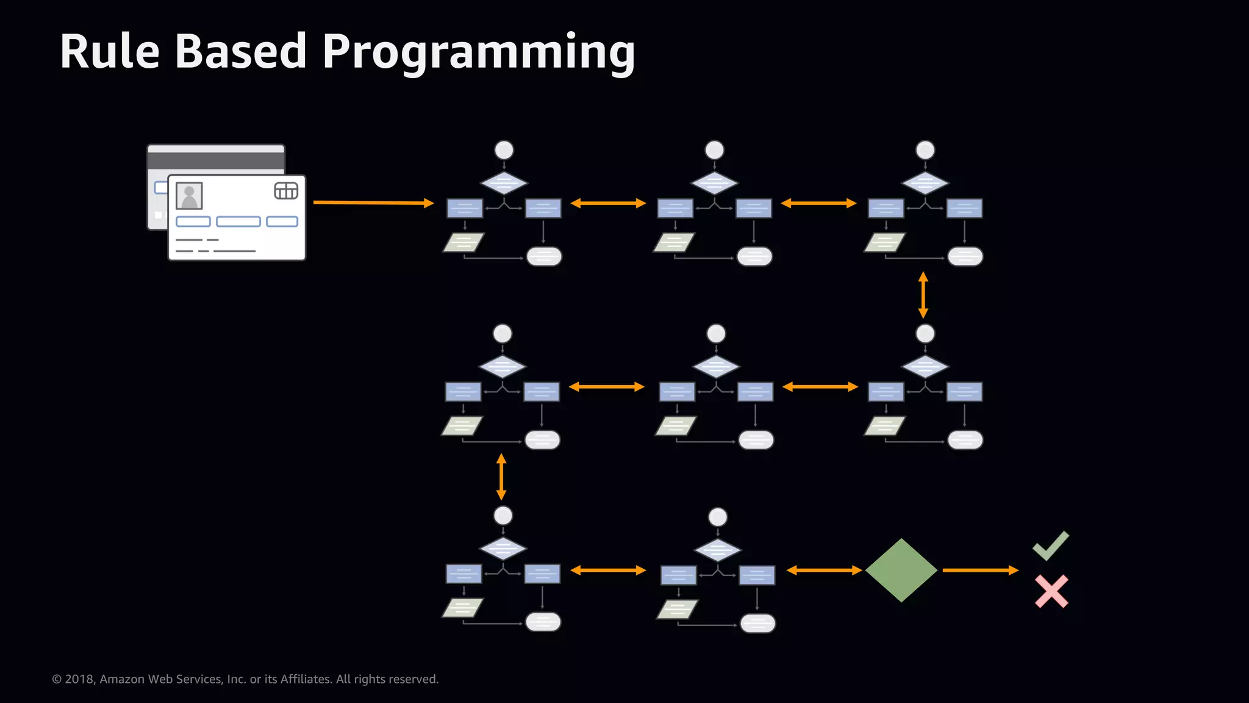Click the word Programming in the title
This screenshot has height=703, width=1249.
click(479, 54)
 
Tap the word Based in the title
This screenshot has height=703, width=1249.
click(241, 52)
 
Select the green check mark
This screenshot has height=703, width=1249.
click(1050, 546)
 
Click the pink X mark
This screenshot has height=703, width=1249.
click(1051, 591)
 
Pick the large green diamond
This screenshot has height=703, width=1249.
click(901, 570)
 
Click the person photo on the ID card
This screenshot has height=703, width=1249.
click(189, 196)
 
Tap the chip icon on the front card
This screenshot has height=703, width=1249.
click(286, 191)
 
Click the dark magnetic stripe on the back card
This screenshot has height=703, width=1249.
click(215, 161)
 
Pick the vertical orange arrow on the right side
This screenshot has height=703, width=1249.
click(923, 295)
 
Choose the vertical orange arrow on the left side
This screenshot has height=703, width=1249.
click(501, 477)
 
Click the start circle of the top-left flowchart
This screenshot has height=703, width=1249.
click(504, 150)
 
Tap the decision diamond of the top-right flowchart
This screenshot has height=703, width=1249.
click(925, 183)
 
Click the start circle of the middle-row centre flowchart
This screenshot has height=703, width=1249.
click(716, 334)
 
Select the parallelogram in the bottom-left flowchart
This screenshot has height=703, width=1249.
click(462, 608)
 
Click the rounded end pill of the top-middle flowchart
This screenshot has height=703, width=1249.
click(754, 256)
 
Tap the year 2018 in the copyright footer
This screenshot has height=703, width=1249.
click(79, 679)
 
